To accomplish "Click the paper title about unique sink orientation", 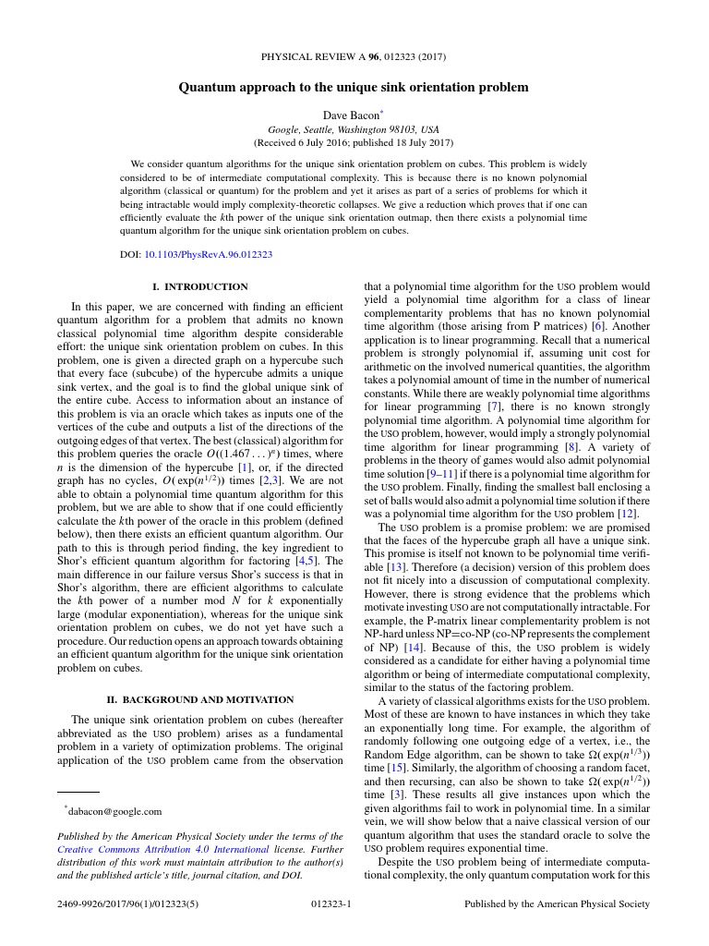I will coord(354,88).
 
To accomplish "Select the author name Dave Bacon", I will coord(350,115).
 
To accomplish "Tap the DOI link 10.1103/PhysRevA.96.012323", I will coord(209,254).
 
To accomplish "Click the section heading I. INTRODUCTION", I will coord(199,286).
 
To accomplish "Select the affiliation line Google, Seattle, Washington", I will coord(354,129).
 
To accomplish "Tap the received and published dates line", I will coord(354,143).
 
